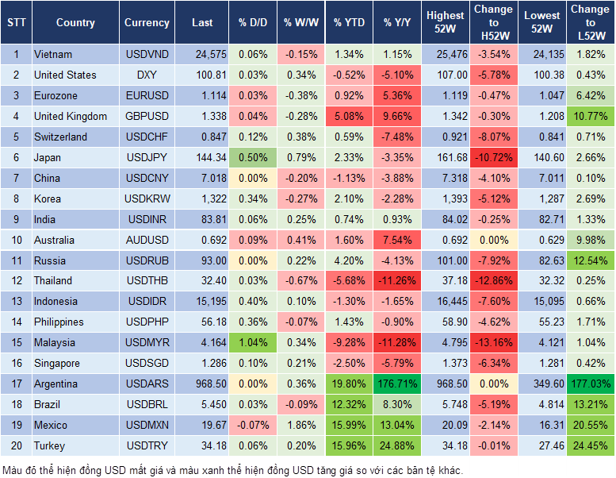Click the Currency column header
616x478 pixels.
coord(147,23)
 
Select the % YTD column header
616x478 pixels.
coord(349,23)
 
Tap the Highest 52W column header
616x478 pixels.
coord(445,23)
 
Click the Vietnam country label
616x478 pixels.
coord(53,55)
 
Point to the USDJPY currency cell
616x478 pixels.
coord(147,157)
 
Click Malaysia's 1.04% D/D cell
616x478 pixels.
coord(253,343)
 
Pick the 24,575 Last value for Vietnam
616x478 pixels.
coord(201,55)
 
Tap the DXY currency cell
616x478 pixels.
coord(147,75)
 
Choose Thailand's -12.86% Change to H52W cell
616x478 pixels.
coord(493,281)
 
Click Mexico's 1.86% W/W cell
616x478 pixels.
coord(300,426)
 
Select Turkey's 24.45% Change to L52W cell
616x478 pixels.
coord(591,446)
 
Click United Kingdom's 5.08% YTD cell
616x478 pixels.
coord(349,117)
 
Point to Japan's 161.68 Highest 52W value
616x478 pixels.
coord(445,157)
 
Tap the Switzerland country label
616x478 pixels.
coord(60,137)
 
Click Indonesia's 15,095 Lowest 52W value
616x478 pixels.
coord(543,302)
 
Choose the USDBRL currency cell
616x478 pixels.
coord(147,405)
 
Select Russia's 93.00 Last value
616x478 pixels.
coord(201,260)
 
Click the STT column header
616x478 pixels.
coord(16,23)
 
